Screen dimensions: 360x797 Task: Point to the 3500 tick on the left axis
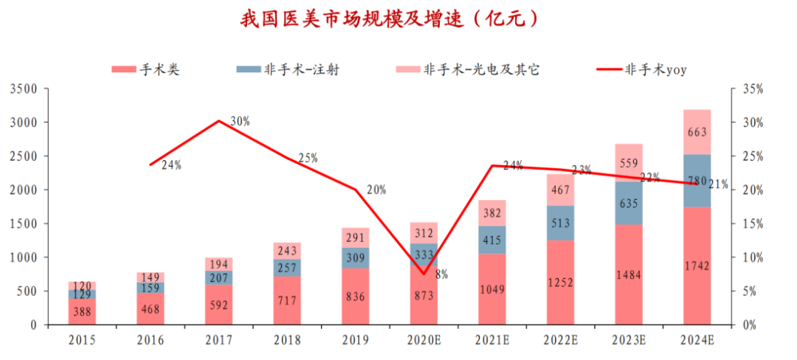(23, 89)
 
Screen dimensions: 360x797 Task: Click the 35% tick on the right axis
(753, 89)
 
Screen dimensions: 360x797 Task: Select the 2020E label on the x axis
(424, 341)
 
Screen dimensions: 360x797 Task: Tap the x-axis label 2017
(219, 341)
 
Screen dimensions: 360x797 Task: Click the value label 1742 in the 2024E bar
(697, 267)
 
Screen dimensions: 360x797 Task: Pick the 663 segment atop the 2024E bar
(697, 133)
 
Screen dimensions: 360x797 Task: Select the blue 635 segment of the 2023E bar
(629, 203)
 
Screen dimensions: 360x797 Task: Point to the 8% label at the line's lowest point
(441, 274)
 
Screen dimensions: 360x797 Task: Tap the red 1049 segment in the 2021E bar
(491, 290)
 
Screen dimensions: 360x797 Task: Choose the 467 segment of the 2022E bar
(560, 190)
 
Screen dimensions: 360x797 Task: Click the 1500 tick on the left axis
(23, 224)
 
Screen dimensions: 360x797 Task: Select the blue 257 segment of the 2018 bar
(287, 268)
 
